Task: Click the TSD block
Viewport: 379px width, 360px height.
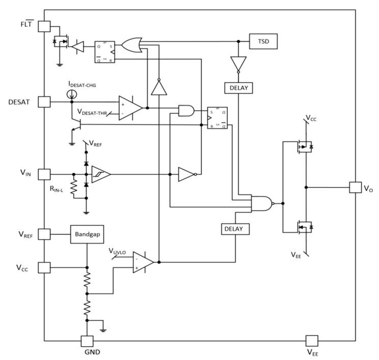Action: click(x=263, y=42)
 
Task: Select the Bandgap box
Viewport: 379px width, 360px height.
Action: click(x=87, y=234)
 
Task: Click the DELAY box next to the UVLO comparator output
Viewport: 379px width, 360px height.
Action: click(x=236, y=229)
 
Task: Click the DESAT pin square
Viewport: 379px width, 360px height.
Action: click(x=45, y=102)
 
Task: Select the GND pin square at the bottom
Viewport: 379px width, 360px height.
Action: click(x=87, y=341)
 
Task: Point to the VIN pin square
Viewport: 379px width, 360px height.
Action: click(x=45, y=174)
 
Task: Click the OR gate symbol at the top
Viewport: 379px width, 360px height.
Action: click(x=134, y=45)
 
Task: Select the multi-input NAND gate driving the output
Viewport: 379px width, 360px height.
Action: click(x=261, y=203)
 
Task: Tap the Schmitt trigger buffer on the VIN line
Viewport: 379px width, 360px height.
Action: click(x=101, y=174)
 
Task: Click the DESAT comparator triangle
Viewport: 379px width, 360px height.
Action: click(x=130, y=108)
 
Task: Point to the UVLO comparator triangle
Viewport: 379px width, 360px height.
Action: click(x=143, y=262)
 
